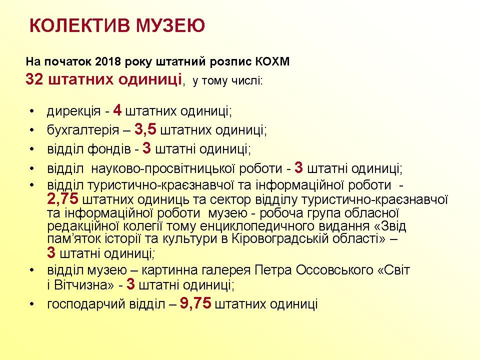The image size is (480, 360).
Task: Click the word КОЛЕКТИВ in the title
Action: [x=79, y=25]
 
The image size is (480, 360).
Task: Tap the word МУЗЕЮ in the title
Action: [x=170, y=25]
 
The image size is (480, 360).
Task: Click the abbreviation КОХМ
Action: [x=272, y=61]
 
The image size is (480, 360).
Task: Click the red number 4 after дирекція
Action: [x=117, y=110]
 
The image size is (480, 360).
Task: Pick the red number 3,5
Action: [x=145, y=129]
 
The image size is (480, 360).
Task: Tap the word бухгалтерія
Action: [x=83, y=130]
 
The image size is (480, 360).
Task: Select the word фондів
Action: [x=109, y=149]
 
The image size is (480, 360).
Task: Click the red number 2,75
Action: [x=63, y=198]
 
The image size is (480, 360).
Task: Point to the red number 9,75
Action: [x=195, y=303]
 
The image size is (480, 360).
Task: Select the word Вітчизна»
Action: [x=83, y=285]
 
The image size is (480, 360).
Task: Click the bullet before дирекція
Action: [x=32, y=111]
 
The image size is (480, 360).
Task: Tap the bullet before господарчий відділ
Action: [x=32, y=304]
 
